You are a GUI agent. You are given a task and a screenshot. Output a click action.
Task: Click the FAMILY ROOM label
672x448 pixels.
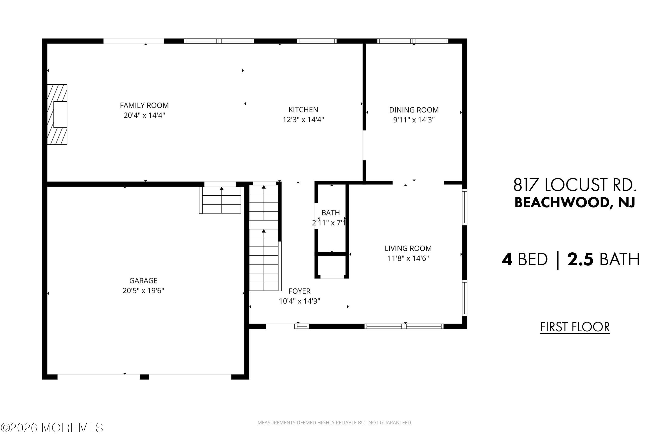click(144, 106)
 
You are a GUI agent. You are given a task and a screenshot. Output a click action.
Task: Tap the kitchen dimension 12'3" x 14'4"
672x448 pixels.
click(303, 119)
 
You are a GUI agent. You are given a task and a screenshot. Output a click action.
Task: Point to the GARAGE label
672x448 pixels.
click(143, 280)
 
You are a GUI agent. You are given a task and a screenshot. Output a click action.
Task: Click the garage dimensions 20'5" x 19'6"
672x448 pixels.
click(143, 290)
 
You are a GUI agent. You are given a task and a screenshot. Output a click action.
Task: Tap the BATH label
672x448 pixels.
click(331, 213)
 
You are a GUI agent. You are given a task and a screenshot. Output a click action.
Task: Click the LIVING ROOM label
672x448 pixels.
click(408, 248)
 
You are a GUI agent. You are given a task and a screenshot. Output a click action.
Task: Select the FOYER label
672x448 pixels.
click(299, 291)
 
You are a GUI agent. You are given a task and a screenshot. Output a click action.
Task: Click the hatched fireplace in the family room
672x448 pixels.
click(57, 114)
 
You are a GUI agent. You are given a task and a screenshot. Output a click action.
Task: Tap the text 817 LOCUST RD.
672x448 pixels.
click(575, 185)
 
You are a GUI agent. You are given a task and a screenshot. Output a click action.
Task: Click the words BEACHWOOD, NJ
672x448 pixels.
click(575, 203)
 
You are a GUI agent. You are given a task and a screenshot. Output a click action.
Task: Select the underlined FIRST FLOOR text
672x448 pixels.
click(575, 327)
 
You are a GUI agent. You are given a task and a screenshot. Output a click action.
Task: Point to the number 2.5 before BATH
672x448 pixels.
click(580, 259)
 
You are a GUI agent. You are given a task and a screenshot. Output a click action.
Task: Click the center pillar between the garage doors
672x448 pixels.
click(144, 377)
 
